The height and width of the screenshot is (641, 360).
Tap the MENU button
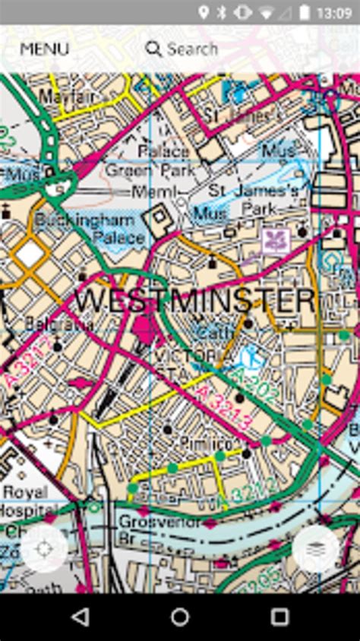(44, 49)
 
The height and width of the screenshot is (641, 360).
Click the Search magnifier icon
(153, 49)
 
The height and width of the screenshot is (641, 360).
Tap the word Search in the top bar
(192, 49)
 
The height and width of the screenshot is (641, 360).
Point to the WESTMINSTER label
(194, 301)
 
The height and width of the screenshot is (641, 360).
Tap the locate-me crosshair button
(43, 548)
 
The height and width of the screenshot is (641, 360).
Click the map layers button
(315, 548)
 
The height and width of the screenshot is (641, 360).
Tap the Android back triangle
(80, 617)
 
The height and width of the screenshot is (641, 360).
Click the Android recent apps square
(279, 617)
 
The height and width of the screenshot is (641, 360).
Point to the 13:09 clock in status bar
(334, 12)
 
